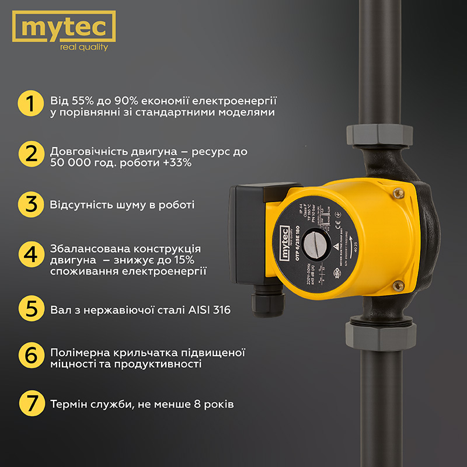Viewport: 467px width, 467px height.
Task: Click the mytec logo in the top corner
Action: point(64,32)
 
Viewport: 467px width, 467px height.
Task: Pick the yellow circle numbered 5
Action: point(30,308)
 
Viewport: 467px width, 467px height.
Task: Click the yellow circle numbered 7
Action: point(30,403)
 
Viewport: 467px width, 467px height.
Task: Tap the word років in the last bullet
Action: point(216,404)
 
